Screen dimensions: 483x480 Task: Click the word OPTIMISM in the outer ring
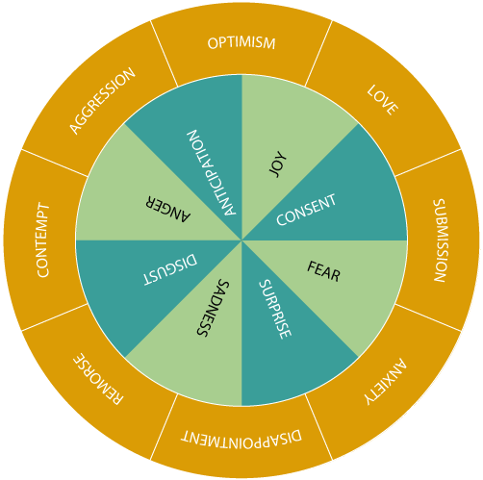click(x=241, y=43)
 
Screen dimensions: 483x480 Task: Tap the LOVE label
click(x=383, y=100)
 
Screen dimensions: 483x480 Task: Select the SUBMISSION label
click(x=440, y=240)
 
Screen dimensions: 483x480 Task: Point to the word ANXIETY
click(x=386, y=382)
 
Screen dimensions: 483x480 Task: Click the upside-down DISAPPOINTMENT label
click(x=241, y=437)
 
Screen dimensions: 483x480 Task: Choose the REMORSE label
click(x=98, y=379)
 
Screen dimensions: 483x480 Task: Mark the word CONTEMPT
click(x=43, y=240)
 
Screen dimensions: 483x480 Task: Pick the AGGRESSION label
click(x=103, y=101)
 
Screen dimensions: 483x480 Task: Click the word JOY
click(x=278, y=164)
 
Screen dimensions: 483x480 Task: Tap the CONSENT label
click(x=306, y=210)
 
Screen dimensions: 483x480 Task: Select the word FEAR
click(x=323, y=271)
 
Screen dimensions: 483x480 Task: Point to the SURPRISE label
click(x=275, y=310)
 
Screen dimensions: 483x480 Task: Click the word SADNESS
click(x=213, y=308)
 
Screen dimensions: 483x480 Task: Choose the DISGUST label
click(x=170, y=269)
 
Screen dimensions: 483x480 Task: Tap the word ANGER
click(x=168, y=209)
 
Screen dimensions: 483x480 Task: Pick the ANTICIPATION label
click(x=212, y=172)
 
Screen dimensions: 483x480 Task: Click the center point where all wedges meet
click(x=241, y=240)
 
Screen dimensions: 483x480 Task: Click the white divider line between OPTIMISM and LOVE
click(x=318, y=53)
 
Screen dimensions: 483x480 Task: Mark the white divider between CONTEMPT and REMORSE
click(x=55, y=317)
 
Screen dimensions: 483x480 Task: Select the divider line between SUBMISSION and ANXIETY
click(x=428, y=317)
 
